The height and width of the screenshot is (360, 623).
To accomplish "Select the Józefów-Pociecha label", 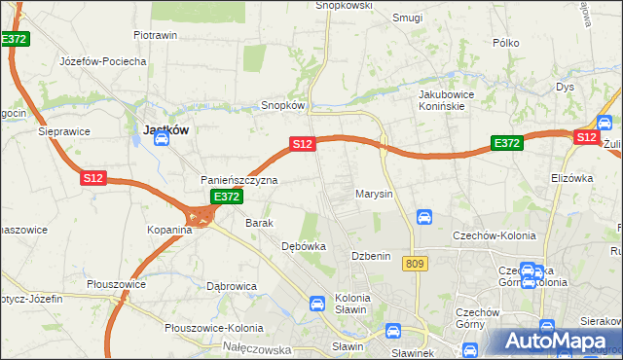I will click(102, 61).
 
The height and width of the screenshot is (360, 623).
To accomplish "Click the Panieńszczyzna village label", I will click(239, 180).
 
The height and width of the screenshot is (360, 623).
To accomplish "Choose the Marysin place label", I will click(374, 194).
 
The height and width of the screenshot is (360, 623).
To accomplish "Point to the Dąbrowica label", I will click(232, 286).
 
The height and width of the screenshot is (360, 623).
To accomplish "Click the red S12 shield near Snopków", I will click(302, 144).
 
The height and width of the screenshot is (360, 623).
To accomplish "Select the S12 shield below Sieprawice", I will click(92, 178).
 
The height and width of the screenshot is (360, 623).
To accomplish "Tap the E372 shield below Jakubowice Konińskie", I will click(506, 143).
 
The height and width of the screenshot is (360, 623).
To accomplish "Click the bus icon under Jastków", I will click(162, 139).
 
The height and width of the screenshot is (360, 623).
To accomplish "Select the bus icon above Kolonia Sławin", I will click(316, 303).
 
